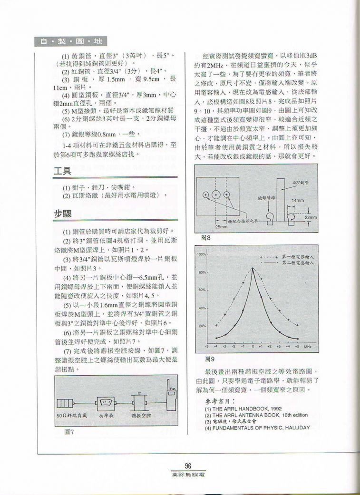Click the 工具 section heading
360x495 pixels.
click(62, 171)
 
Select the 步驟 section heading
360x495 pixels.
click(62, 214)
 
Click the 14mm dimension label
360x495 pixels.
click(298, 201)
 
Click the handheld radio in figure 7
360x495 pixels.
click(170, 400)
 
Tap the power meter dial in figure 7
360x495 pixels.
click(105, 404)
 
